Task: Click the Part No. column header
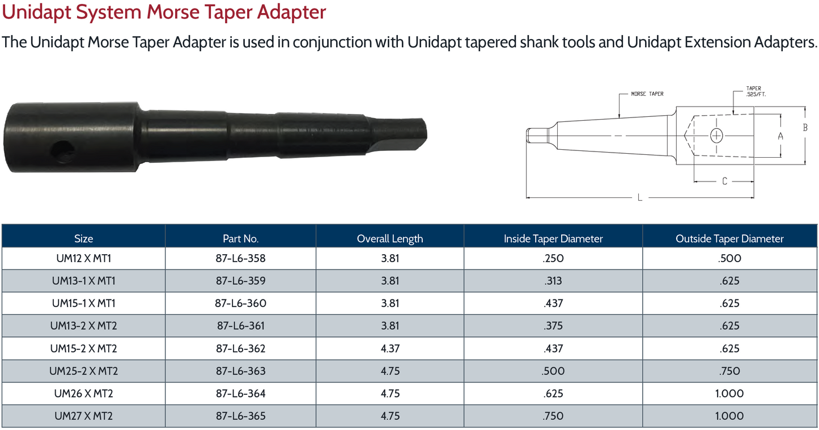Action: tap(240, 239)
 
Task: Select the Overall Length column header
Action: tap(390, 239)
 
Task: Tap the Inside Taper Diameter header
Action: tap(553, 239)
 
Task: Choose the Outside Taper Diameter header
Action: tap(729, 239)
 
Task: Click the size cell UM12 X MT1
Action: tap(83, 259)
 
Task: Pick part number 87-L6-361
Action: tap(240, 326)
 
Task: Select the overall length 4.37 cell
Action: tap(390, 348)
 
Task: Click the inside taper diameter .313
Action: tap(553, 281)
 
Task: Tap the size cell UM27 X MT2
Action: tap(83, 416)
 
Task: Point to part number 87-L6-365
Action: tap(240, 416)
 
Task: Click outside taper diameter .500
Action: tap(729, 259)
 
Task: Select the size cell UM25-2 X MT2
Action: tap(83, 371)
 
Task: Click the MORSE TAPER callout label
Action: tap(647, 94)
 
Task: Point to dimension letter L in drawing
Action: tap(640, 197)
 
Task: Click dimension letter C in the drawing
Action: tap(724, 182)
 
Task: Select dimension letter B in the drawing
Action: tap(805, 128)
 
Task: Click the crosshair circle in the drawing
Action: tap(716, 135)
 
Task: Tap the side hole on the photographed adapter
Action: tap(62, 151)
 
